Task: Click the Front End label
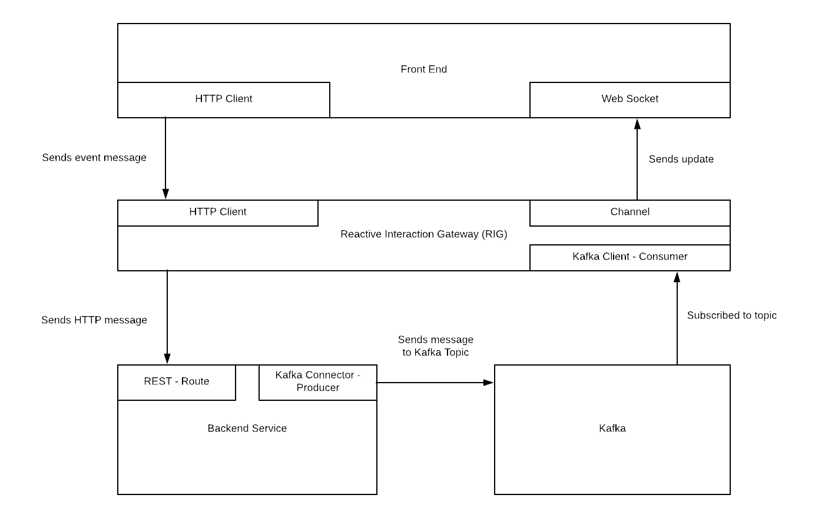point(423,69)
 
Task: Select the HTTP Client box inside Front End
point(224,99)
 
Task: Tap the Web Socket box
point(629,99)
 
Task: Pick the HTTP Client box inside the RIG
point(218,212)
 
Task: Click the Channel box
point(629,212)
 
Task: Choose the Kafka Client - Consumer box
point(629,257)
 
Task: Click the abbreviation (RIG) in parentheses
point(494,234)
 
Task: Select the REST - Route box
point(177,382)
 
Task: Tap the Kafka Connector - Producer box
point(317,382)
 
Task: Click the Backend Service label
point(247,429)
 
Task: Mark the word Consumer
point(663,257)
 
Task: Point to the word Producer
point(318,388)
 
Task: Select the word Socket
point(643,99)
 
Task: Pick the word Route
point(195,381)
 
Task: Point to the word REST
point(157,381)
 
